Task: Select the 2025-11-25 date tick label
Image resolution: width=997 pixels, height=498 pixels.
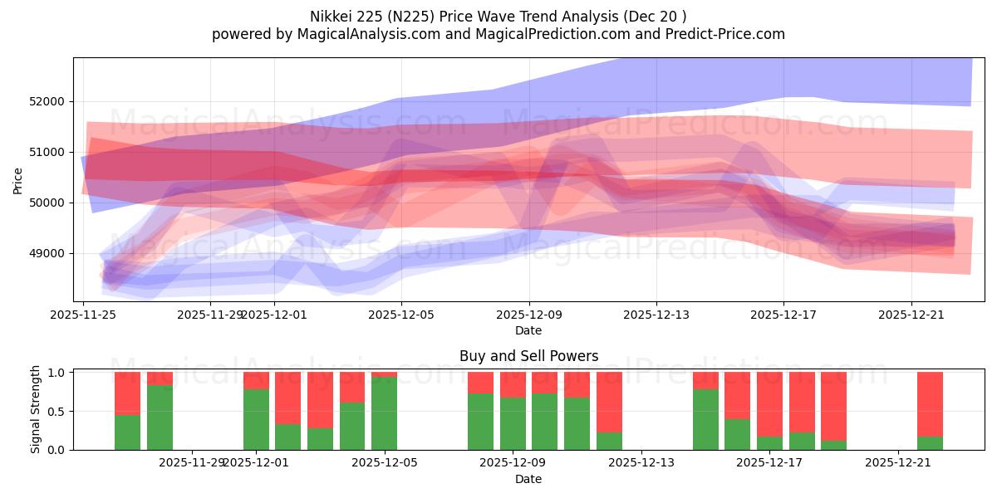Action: click(x=83, y=315)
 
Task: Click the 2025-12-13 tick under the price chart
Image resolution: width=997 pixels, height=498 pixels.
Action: click(x=656, y=315)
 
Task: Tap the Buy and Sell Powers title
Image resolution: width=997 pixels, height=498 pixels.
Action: click(x=528, y=356)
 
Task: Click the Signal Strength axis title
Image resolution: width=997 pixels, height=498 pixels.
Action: click(x=36, y=411)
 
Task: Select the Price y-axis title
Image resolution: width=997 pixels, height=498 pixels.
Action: click(x=18, y=181)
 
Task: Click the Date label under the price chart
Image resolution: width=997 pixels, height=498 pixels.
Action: click(x=528, y=330)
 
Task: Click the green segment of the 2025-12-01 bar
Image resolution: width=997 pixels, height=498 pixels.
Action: click(x=256, y=419)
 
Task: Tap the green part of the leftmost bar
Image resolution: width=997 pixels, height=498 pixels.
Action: click(x=127, y=432)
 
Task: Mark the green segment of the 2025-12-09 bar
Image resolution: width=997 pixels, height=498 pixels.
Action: click(x=513, y=423)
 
